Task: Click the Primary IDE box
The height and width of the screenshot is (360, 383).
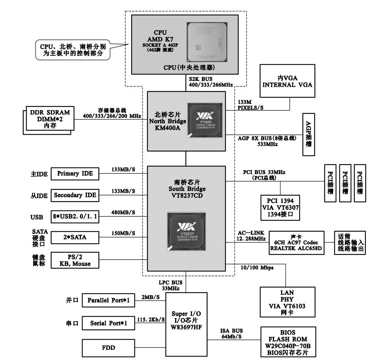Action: tap(75, 174)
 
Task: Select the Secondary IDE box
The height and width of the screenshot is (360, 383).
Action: tap(75, 195)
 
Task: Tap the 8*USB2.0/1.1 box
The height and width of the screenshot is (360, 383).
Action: tap(75, 217)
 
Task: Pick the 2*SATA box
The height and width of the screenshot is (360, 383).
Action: tap(75, 238)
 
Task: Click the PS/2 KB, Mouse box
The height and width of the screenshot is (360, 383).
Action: tap(75, 260)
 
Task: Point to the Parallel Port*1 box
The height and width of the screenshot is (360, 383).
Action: tap(108, 300)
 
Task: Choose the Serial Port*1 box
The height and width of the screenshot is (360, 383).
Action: tap(108, 323)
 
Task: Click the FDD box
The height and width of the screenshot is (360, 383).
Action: tap(108, 347)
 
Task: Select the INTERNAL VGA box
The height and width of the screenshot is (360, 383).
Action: tap(288, 81)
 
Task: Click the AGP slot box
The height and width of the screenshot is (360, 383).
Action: tap(308, 135)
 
